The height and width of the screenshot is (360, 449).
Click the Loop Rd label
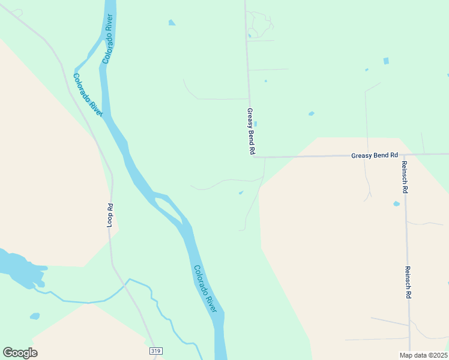tap(110, 215)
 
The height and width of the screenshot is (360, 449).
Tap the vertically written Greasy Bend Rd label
tap(250, 132)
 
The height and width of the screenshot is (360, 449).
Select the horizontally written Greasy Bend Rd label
tap(375, 155)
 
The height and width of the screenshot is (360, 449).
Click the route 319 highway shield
tap(155, 350)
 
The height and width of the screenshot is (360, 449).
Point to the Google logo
tap(20, 352)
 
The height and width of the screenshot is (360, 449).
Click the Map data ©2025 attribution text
tap(424, 355)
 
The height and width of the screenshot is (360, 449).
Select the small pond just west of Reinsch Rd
tap(396, 204)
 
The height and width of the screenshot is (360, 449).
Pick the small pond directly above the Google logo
tap(35, 316)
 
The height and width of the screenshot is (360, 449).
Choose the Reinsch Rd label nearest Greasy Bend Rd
tap(406, 176)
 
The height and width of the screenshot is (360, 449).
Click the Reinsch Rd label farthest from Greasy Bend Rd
tap(408, 283)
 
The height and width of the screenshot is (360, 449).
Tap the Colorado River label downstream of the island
tap(205, 288)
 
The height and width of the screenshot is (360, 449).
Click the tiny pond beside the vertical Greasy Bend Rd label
tap(256, 124)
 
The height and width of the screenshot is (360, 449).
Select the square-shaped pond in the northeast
tap(386, 61)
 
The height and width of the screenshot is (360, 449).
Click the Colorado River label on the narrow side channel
tap(88, 91)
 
